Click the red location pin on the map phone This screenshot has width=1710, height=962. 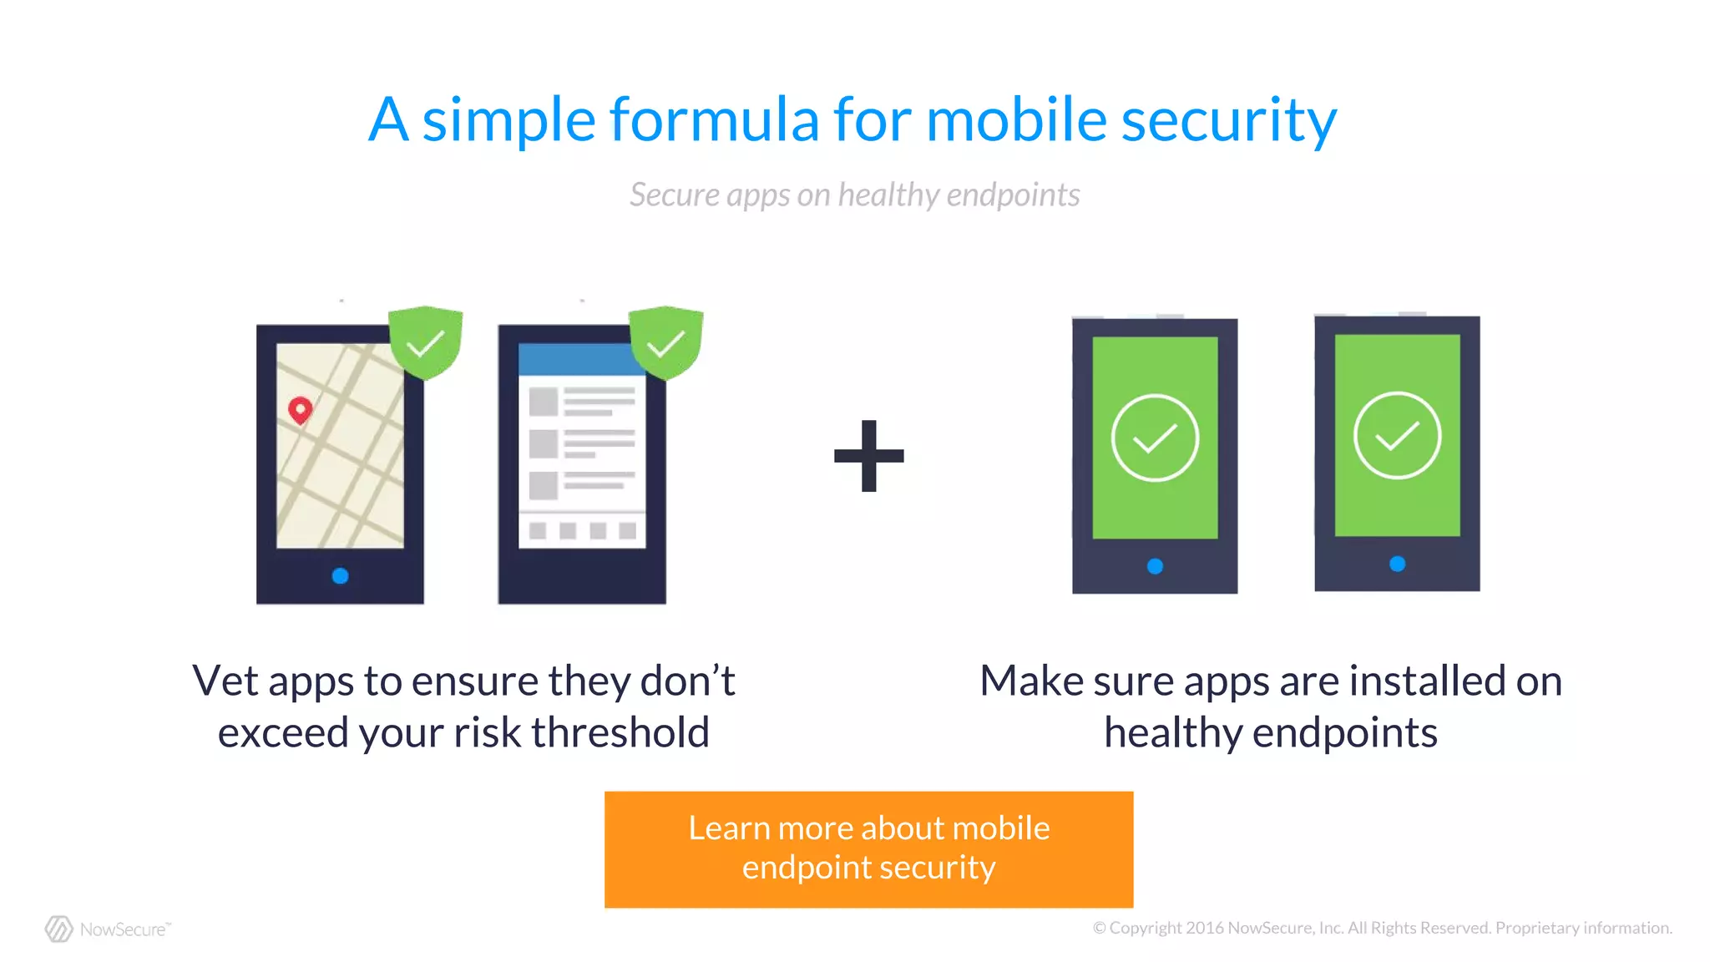(301, 409)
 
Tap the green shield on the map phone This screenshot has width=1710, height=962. (426, 342)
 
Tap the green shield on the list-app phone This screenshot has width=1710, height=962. (665, 342)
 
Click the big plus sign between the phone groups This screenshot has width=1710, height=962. (868, 456)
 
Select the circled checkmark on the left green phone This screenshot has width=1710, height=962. (1155, 438)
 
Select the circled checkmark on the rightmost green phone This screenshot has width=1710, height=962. (1397, 435)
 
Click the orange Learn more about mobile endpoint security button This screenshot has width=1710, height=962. (868, 848)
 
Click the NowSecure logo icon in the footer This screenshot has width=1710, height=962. (59, 929)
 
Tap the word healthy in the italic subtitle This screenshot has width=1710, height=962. (888, 195)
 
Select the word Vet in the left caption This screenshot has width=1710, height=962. (225, 681)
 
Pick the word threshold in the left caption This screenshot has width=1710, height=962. (620, 732)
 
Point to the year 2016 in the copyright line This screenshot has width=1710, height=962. (1205, 928)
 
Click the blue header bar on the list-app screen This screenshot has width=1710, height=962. (576, 360)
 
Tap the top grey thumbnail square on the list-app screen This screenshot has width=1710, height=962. (544, 402)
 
